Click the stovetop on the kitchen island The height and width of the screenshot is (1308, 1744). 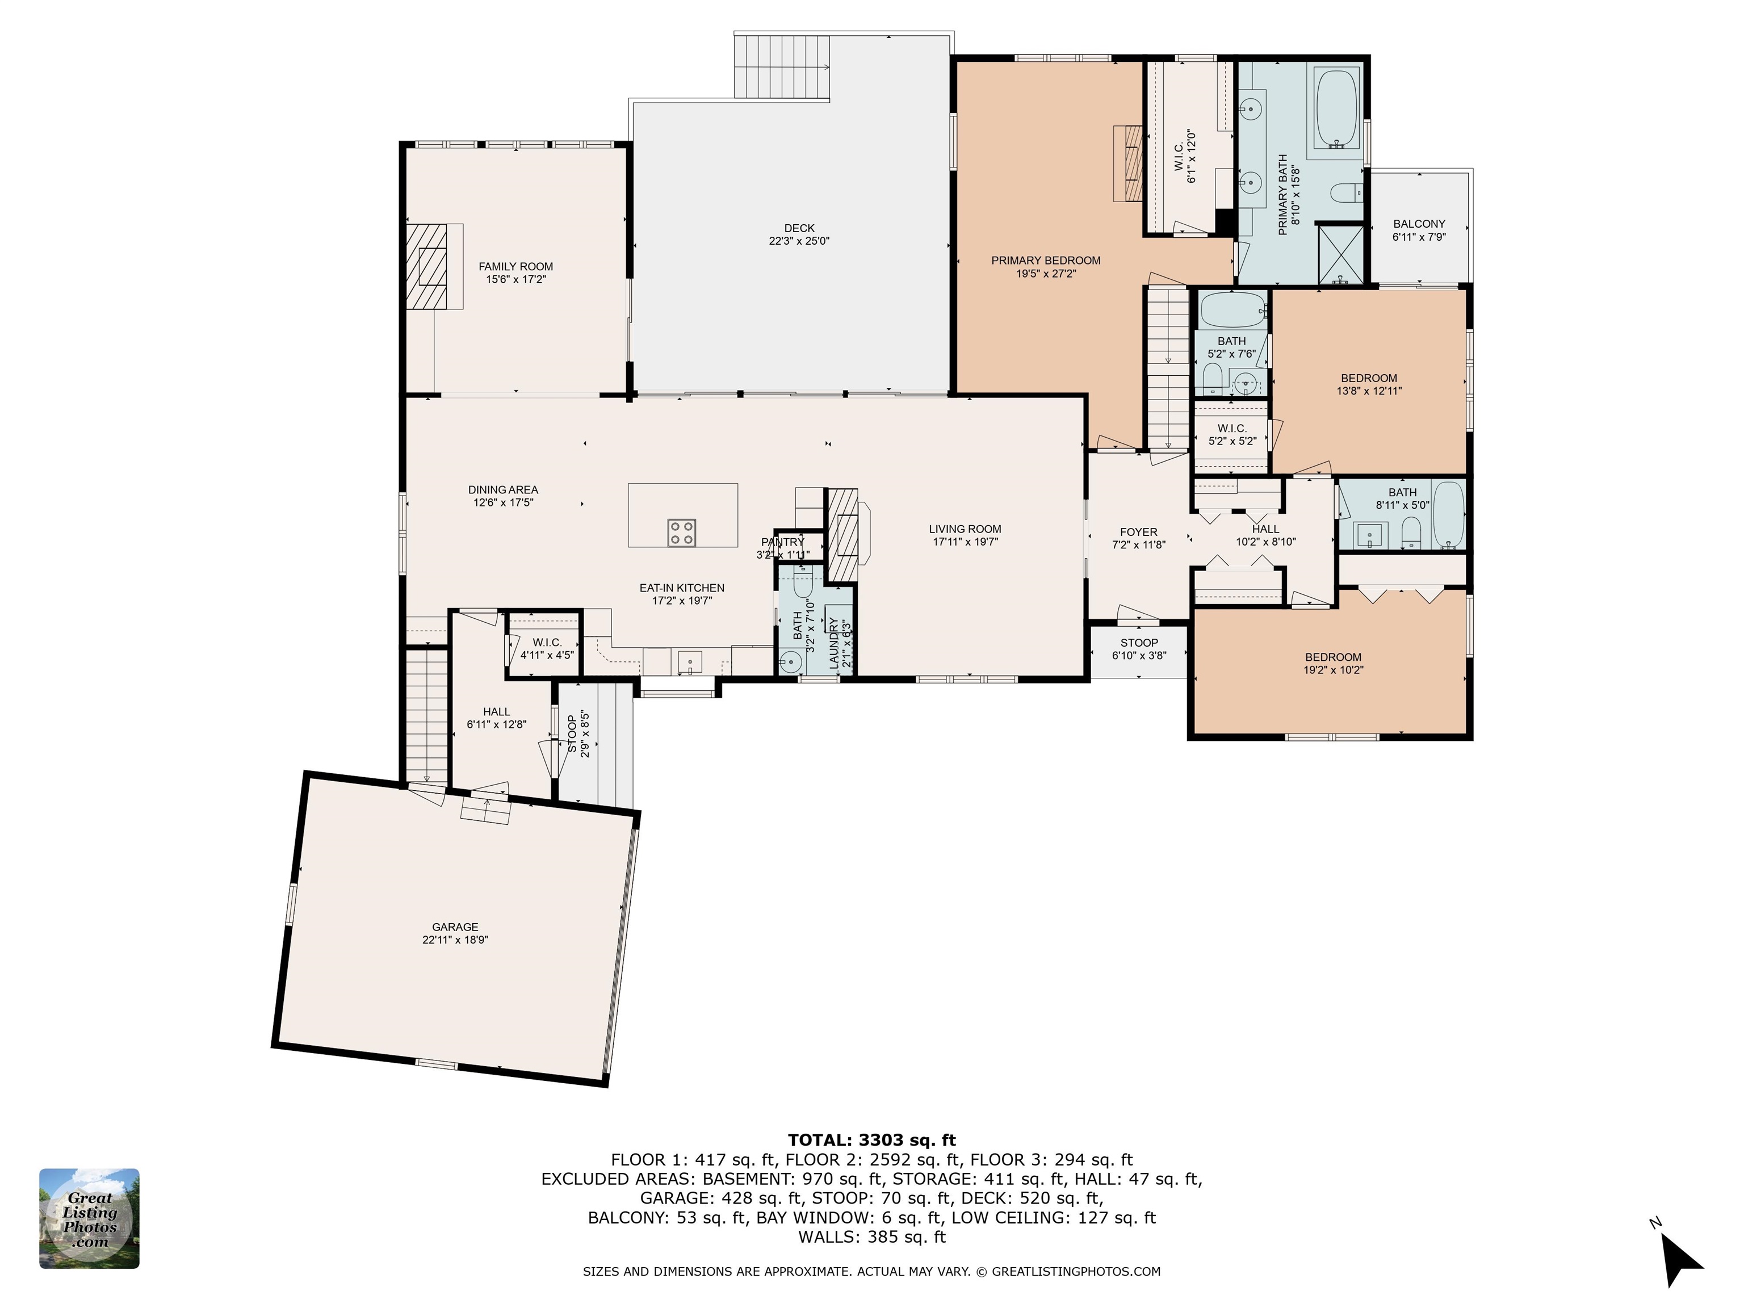coord(681,532)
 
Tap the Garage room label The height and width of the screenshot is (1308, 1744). coord(455,927)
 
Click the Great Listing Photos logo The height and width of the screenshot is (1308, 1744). coord(89,1218)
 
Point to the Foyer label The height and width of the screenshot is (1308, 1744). coord(1138,532)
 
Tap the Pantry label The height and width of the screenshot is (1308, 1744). coord(782,542)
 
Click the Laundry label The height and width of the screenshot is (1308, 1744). coord(833,633)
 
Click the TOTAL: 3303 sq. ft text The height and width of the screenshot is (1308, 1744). coord(871,1140)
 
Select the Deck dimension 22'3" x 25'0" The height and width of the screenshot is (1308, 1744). coord(799,241)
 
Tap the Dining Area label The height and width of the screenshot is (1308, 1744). coord(503,489)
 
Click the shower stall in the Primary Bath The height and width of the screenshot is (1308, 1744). coord(1340,254)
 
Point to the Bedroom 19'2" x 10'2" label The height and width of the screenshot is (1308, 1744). coord(1332,657)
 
